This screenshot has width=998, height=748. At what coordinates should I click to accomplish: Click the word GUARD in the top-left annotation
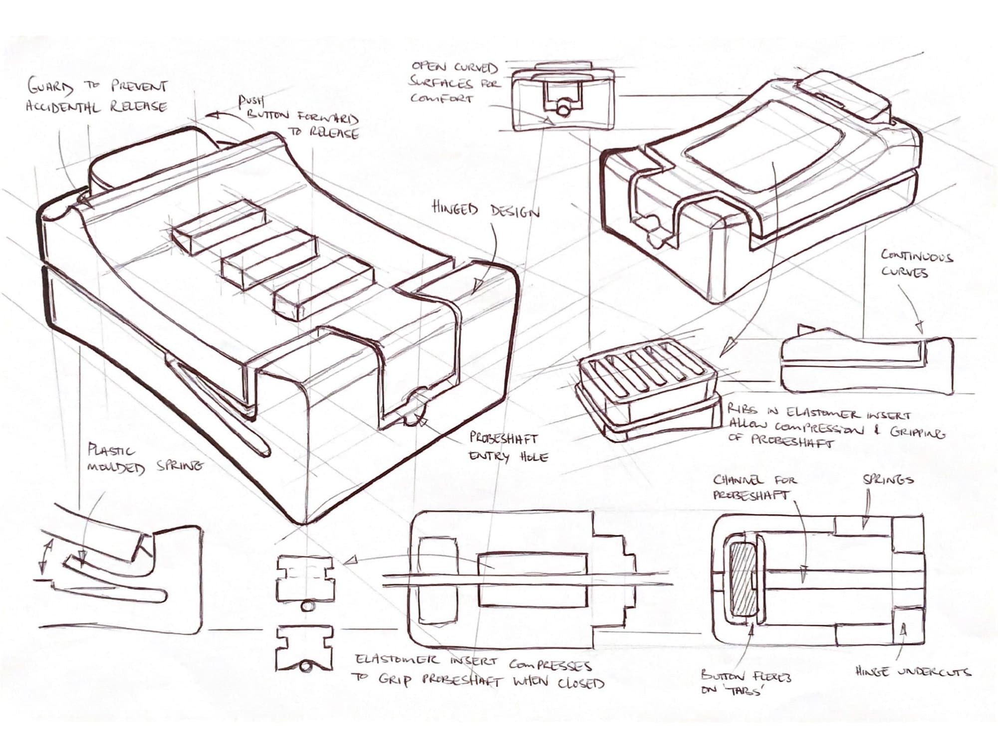[x=50, y=88]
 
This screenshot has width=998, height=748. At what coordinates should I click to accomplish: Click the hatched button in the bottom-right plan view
[x=742, y=584]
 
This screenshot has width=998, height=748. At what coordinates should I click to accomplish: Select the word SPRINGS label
[x=888, y=480]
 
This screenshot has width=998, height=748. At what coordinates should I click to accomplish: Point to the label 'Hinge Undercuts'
[x=913, y=671]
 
